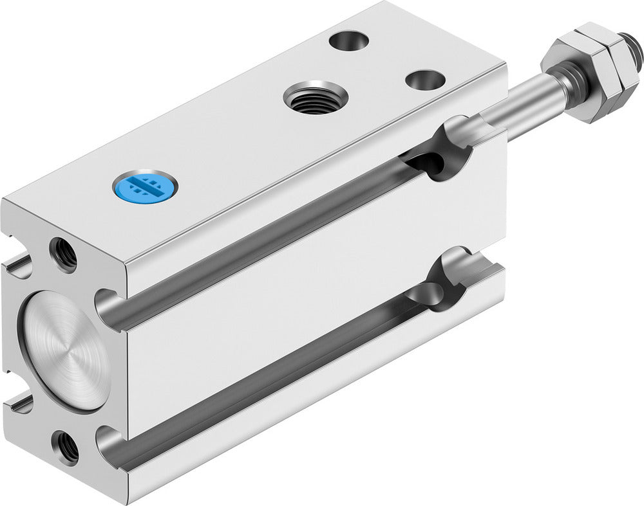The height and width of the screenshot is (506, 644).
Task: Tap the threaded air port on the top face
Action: (x=316, y=98)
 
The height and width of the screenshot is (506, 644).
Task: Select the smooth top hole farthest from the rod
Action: (x=348, y=41)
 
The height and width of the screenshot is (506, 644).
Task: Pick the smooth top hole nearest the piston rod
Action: (x=425, y=80)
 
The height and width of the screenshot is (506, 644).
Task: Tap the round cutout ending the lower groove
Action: (x=444, y=283)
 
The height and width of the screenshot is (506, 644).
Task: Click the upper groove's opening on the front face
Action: (x=109, y=307)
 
